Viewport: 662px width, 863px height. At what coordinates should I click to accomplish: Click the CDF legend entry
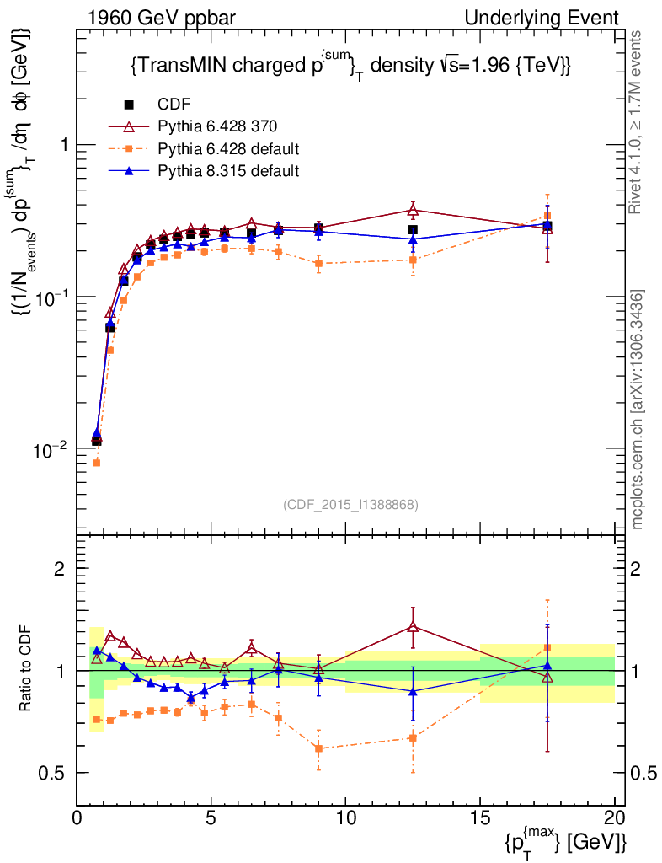click(x=174, y=105)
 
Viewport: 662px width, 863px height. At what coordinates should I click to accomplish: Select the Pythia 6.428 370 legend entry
click(x=217, y=127)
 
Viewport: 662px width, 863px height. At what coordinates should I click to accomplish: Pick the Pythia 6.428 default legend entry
click(x=228, y=150)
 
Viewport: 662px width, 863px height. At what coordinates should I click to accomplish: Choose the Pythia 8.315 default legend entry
click(x=228, y=172)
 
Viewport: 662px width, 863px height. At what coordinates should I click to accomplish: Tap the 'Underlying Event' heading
click(x=558, y=18)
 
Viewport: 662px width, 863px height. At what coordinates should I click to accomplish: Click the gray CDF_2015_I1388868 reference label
click(x=350, y=504)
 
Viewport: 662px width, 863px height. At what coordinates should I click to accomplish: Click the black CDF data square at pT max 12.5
click(x=413, y=229)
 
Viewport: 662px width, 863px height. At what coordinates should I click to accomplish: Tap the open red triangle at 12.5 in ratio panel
click(x=413, y=626)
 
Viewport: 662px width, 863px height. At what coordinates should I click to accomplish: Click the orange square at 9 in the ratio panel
click(x=318, y=748)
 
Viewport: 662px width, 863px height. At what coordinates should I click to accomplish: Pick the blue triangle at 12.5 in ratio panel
click(x=413, y=691)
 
